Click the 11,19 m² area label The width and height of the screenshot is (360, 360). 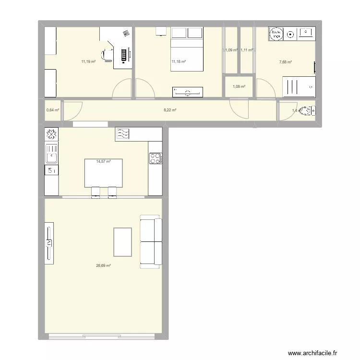pyautogui.click(x=88, y=61)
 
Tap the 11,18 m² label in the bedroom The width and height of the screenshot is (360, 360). pyautogui.click(x=179, y=61)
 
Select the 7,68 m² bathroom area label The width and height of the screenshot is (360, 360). pyautogui.click(x=286, y=61)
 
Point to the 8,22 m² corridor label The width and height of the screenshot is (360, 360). pyautogui.click(x=170, y=110)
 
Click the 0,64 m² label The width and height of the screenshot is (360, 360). pyautogui.click(x=52, y=110)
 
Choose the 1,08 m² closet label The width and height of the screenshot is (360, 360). pyautogui.click(x=239, y=87)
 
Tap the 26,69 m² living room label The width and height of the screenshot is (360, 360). pyautogui.click(x=104, y=265)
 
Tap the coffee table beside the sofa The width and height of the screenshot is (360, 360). pyautogui.click(x=122, y=242)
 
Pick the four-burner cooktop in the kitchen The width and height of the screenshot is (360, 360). pyautogui.click(x=156, y=158)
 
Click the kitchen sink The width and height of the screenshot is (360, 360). pyautogui.click(x=51, y=154)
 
